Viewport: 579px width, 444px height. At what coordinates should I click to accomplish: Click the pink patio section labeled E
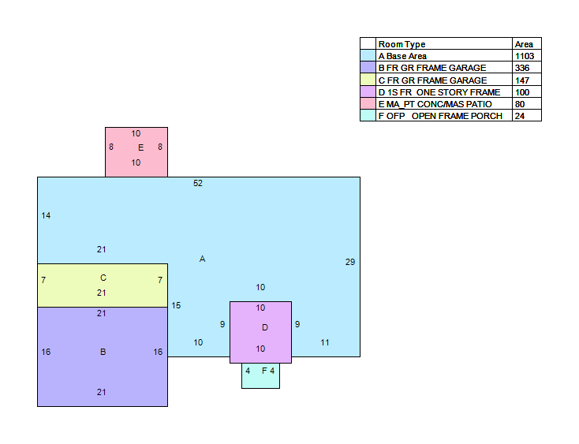pyautogui.click(x=136, y=152)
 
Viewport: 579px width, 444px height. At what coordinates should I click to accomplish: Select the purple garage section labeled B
pyautogui.click(x=103, y=356)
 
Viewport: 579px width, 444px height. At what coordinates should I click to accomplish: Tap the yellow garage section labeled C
pyautogui.click(x=103, y=285)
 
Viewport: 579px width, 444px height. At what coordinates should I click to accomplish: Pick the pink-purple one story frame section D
pyautogui.click(x=260, y=332)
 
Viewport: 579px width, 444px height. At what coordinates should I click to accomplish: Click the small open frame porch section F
pyautogui.click(x=260, y=375)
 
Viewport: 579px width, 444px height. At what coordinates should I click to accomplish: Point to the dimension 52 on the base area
pyautogui.click(x=198, y=183)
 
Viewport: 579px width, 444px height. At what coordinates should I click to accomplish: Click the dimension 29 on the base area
pyautogui.click(x=350, y=262)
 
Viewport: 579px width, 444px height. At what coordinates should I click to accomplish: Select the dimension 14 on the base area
pyautogui.click(x=46, y=215)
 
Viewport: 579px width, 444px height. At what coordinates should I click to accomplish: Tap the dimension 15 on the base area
pyautogui.click(x=176, y=305)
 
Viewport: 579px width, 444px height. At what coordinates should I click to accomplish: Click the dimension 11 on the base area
pyautogui.click(x=324, y=342)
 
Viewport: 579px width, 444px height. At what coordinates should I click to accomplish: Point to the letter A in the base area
pyautogui.click(x=202, y=259)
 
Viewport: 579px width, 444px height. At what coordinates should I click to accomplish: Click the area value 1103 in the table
pyautogui.click(x=525, y=56)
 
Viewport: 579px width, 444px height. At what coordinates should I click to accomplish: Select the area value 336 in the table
pyautogui.click(x=522, y=68)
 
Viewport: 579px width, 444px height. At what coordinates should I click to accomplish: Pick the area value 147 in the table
pyautogui.click(x=522, y=80)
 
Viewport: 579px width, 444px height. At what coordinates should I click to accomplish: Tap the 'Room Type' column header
pyautogui.click(x=402, y=45)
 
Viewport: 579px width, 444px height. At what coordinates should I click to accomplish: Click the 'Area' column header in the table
pyautogui.click(x=524, y=44)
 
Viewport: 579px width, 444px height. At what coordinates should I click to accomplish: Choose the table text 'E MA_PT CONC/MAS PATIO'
pyautogui.click(x=435, y=104)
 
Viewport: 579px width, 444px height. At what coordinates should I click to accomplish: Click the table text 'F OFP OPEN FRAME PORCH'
pyautogui.click(x=440, y=116)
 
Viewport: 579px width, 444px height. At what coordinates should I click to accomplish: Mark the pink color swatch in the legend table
pyautogui.click(x=368, y=103)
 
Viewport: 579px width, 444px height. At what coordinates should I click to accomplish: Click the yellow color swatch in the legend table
pyautogui.click(x=368, y=80)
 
